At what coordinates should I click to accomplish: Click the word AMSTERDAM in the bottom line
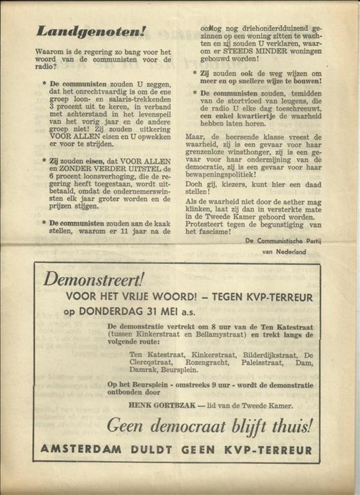point(82,450)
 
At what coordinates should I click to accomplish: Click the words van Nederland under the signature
point(284,251)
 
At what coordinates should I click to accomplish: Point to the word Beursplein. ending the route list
point(179,370)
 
